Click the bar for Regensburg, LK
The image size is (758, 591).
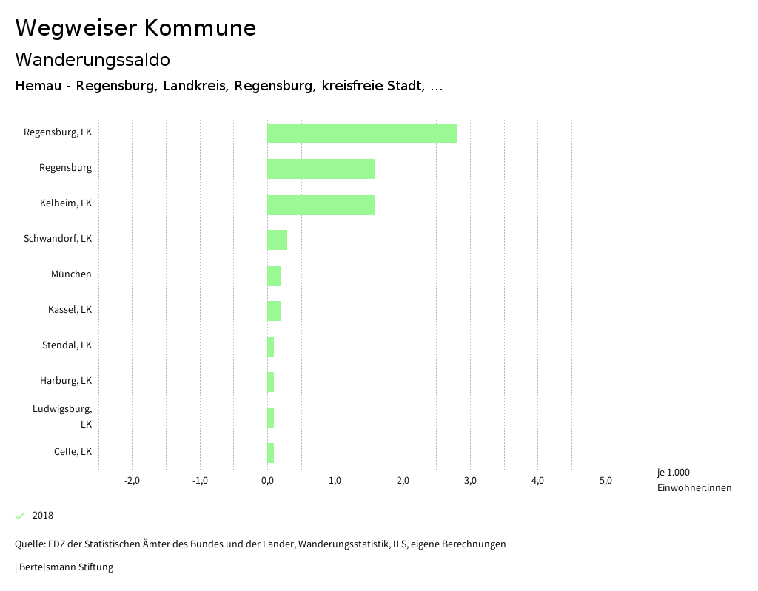click(362, 133)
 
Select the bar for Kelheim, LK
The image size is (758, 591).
click(321, 204)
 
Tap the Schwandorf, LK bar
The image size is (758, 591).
click(277, 240)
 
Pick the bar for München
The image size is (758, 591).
click(274, 275)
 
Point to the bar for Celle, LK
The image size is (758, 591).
click(271, 453)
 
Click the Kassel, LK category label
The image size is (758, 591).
click(70, 309)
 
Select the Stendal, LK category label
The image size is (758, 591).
click(67, 345)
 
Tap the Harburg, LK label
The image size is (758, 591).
click(66, 380)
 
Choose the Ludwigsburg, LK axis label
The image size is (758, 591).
click(62, 416)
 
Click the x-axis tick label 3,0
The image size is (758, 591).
click(470, 481)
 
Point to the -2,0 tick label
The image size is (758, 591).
click(132, 481)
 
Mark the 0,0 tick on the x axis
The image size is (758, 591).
click(267, 481)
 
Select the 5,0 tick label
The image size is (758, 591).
click(606, 481)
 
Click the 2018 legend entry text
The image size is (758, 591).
click(43, 516)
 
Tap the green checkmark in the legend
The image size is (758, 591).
click(20, 516)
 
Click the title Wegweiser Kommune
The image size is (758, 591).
click(135, 28)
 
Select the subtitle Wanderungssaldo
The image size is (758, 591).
click(93, 59)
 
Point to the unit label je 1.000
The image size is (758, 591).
click(673, 473)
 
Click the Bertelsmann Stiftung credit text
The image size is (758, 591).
click(66, 567)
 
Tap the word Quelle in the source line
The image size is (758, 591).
click(30, 544)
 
